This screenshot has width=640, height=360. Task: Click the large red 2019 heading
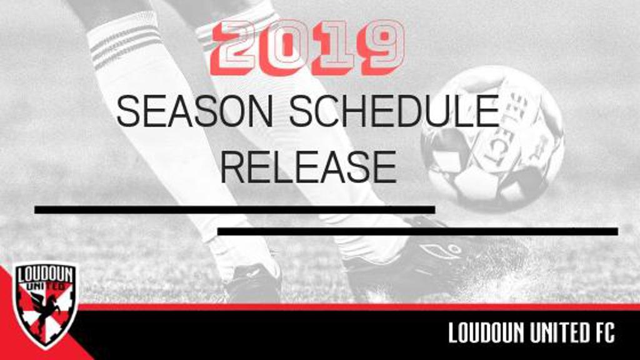click(307, 47)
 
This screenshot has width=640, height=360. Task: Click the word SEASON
click(195, 111)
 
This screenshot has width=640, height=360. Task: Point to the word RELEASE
click(309, 167)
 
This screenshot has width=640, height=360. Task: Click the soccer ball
click(492, 138)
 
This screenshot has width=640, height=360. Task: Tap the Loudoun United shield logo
click(44, 305)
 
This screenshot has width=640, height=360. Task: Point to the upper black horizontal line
click(235, 210)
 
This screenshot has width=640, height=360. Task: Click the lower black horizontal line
click(417, 231)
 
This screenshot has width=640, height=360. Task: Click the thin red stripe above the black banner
click(359, 307)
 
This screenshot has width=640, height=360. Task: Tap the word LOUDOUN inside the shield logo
click(45, 275)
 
